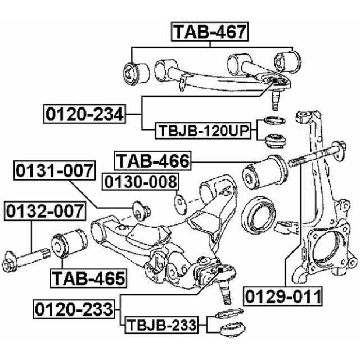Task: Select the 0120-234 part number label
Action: click(x=84, y=114)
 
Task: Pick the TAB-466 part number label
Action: click(x=153, y=161)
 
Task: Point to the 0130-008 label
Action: click(x=140, y=182)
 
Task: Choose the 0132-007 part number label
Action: click(x=44, y=212)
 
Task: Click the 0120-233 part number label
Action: click(x=74, y=309)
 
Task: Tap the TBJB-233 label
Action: click(x=161, y=325)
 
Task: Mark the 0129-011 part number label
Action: click(x=283, y=295)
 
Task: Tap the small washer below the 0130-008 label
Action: click(x=179, y=201)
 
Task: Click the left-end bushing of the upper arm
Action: click(x=136, y=70)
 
